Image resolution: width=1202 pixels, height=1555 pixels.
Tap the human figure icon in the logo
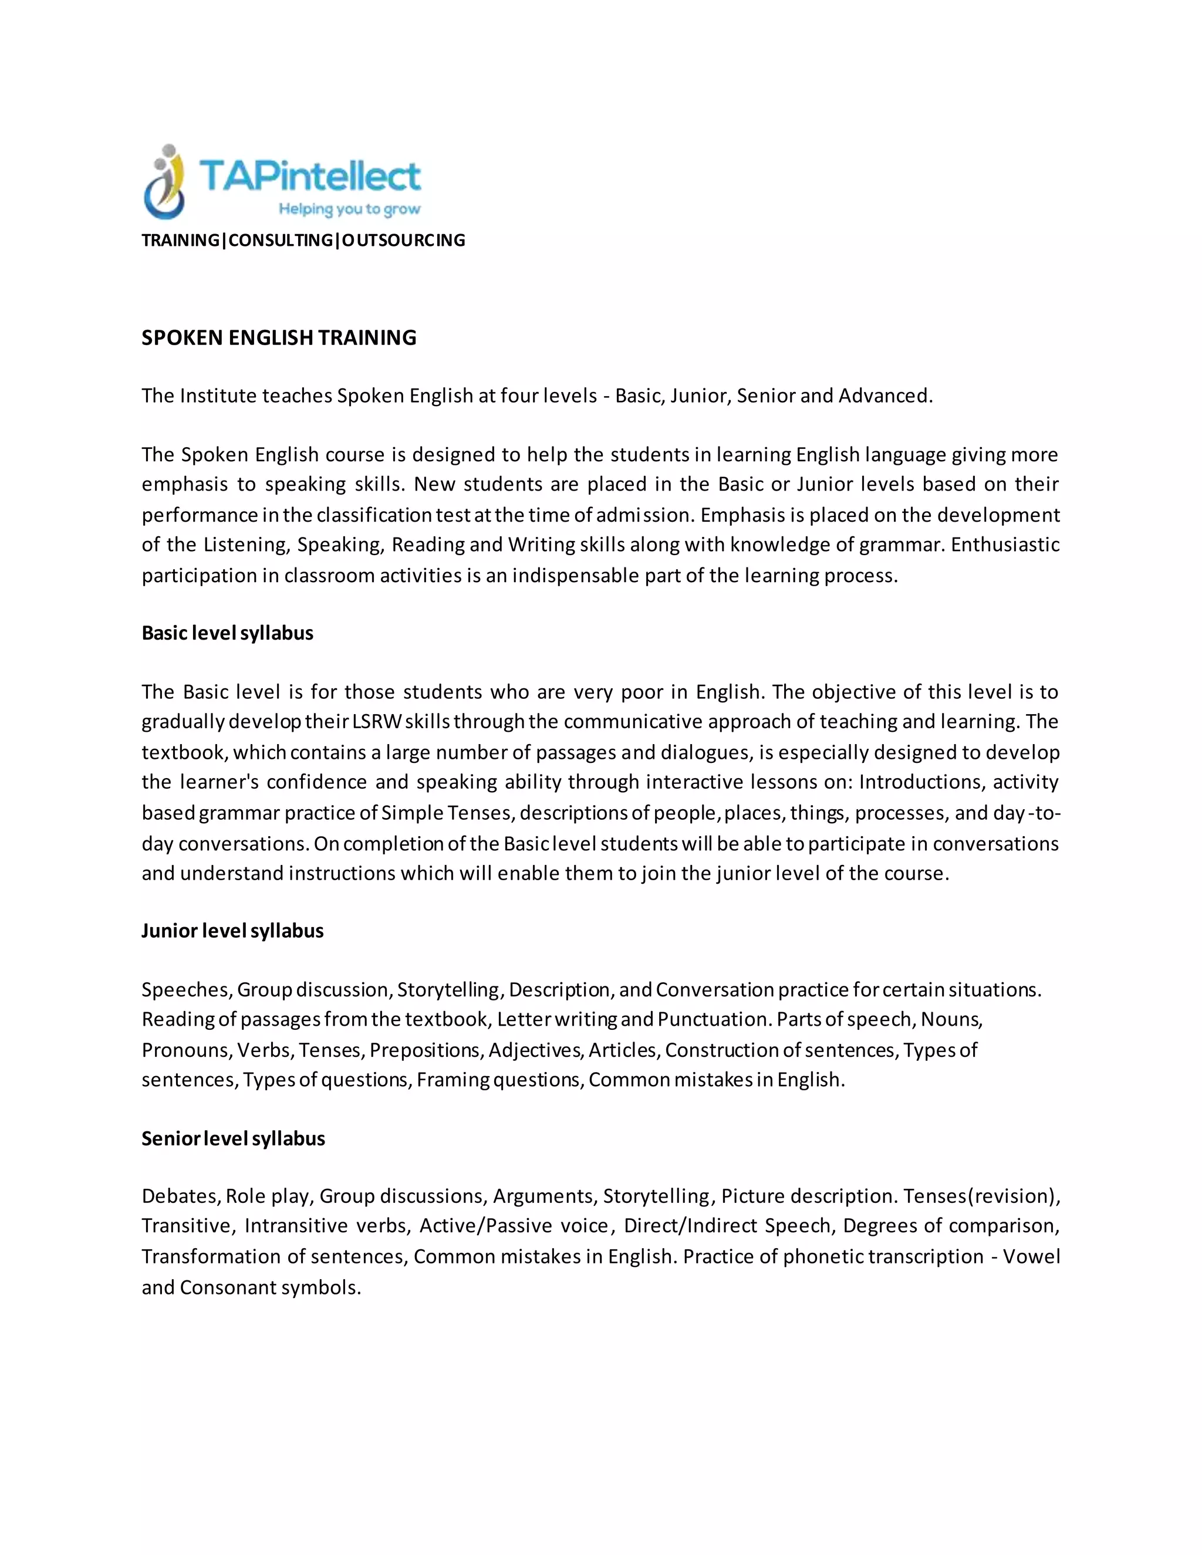tap(164, 182)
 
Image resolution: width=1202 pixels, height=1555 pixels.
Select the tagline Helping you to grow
tap(349, 209)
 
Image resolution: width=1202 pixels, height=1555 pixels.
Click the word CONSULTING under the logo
tap(281, 241)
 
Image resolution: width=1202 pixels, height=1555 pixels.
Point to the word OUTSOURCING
tap(403, 241)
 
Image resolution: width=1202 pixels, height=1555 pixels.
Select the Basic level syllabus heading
tap(227, 633)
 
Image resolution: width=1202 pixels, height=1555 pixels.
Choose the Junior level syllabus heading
tap(232, 931)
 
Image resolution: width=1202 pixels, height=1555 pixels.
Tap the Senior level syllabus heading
tap(233, 1138)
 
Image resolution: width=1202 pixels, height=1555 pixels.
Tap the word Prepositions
tap(425, 1050)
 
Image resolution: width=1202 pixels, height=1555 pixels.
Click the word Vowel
tap(1031, 1257)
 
